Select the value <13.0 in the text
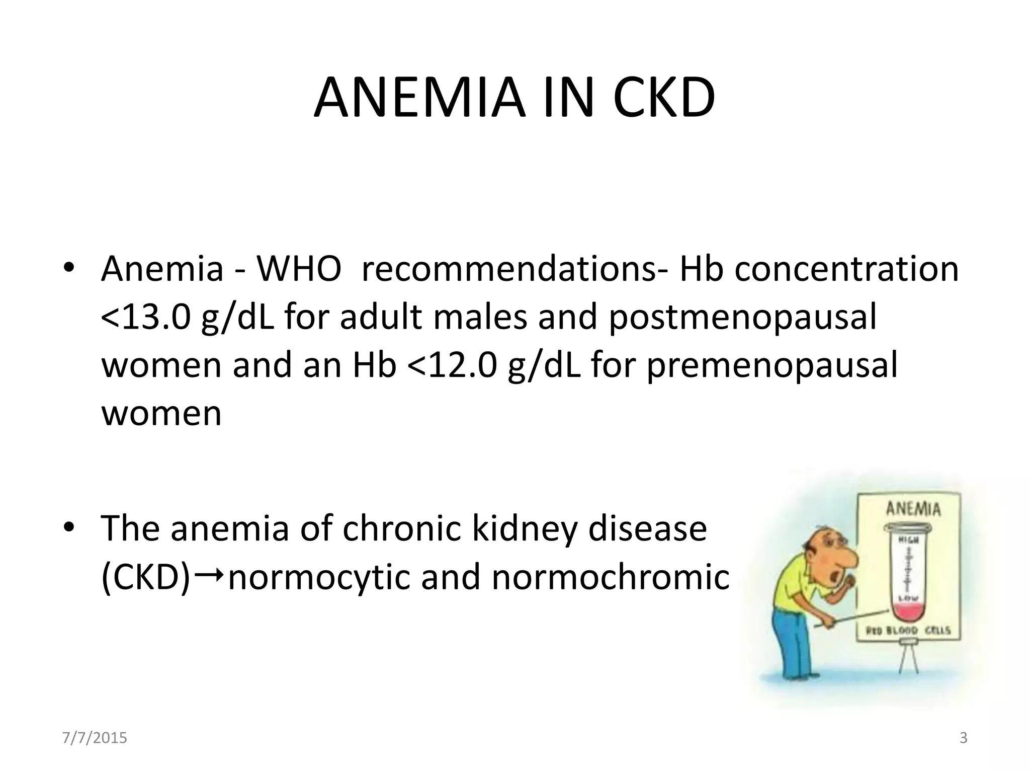coord(146,318)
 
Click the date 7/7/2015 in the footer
coord(95,738)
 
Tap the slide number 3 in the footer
coord(964,738)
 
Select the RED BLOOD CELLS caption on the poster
coord(908,631)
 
